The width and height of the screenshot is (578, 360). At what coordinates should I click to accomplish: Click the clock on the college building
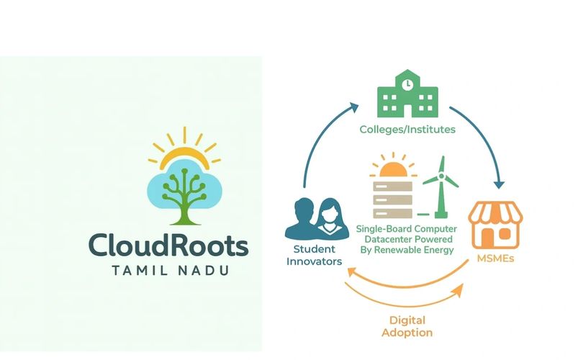pos(407,84)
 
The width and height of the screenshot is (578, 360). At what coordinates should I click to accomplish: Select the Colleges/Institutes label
pos(407,130)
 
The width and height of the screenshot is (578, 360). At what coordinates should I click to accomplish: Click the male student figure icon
pos(302,220)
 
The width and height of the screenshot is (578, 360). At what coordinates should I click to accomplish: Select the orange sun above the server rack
pos(393,170)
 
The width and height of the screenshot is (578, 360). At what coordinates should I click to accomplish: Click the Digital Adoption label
pos(407,326)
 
